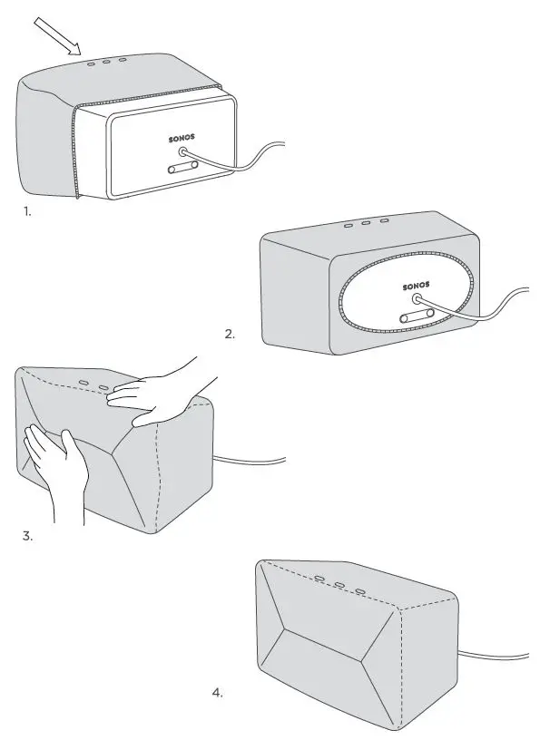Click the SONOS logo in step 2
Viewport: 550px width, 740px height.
click(417, 286)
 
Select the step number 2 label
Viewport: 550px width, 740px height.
click(230, 335)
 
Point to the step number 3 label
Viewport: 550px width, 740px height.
click(27, 535)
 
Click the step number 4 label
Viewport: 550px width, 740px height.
click(217, 693)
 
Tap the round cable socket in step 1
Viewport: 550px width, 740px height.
click(186, 156)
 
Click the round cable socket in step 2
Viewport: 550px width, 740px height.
click(418, 299)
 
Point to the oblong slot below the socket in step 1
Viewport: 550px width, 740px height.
click(183, 169)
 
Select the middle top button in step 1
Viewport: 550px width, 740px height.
click(106, 63)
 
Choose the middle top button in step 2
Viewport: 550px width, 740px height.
click(365, 222)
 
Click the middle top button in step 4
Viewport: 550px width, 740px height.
click(339, 586)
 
